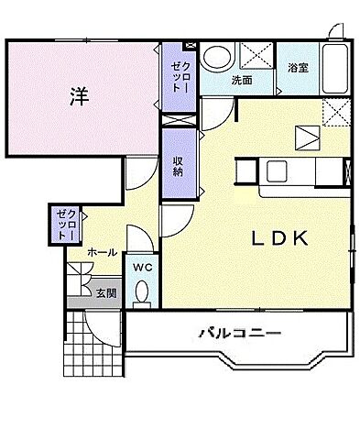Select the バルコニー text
point(238,334)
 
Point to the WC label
point(143,267)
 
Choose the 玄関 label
point(105,293)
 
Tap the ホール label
point(102,250)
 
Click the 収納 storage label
point(178,165)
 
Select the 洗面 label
point(241,81)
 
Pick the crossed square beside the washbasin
point(256,57)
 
